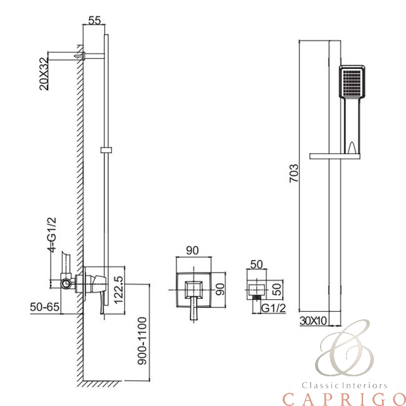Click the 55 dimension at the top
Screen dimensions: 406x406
click(94, 20)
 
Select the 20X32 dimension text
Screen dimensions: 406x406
click(44, 73)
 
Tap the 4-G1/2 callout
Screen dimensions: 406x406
click(52, 235)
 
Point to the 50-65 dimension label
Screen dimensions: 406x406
click(44, 307)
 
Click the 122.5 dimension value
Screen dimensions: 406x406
click(118, 290)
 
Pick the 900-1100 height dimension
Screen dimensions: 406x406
click(142, 341)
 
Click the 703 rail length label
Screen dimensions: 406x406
click(293, 173)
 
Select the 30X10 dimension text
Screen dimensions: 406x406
click(314, 321)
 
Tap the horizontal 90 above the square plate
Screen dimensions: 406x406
click(192, 250)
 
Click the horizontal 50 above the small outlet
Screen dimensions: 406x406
click(256, 264)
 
